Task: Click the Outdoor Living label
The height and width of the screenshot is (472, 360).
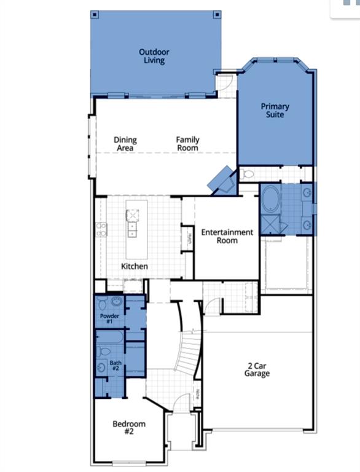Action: click(154, 57)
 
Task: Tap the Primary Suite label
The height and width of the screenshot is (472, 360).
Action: click(275, 111)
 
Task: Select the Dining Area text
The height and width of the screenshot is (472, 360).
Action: click(125, 144)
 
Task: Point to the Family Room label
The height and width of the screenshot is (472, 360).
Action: click(187, 144)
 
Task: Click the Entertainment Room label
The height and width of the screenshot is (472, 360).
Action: click(227, 237)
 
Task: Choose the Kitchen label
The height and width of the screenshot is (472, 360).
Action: click(134, 267)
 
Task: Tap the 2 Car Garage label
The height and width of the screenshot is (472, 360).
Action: click(256, 369)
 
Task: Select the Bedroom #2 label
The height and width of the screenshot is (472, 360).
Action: click(129, 428)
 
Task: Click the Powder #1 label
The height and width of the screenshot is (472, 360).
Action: click(110, 318)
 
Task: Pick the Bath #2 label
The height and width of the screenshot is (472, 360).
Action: click(115, 366)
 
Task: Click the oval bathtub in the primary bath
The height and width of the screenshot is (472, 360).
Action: click(270, 200)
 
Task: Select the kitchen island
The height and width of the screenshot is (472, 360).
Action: click(133, 229)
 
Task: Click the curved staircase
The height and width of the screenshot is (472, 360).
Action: click(187, 350)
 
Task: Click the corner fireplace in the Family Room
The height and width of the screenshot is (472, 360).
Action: click(221, 179)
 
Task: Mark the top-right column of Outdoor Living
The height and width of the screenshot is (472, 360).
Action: click(216, 14)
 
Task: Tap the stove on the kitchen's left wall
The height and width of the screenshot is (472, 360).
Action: click(100, 230)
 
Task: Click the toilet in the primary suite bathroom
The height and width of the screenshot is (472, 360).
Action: click(248, 174)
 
